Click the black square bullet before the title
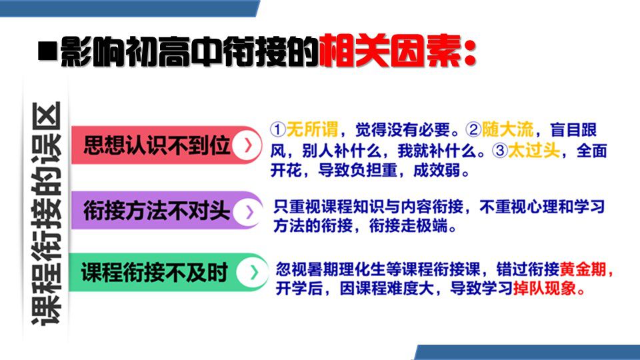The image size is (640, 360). [x=47, y=51]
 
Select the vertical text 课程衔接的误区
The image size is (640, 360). [x=46, y=213]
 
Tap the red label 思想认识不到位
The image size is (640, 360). [x=157, y=145]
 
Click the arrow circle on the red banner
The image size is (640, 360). [x=247, y=145]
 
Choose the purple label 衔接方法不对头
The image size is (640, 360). [x=156, y=211]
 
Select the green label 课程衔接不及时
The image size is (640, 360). [x=155, y=272]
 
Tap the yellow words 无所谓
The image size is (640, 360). [x=312, y=129]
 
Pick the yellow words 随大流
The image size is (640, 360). [x=507, y=129]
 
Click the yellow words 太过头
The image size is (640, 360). [x=533, y=150]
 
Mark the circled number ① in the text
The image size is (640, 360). [x=277, y=130]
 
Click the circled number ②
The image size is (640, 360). [x=473, y=130]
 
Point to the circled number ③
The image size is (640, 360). [x=499, y=151]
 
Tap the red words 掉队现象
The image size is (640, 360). [x=545, y=289]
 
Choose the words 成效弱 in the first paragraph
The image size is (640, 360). [x=437, y=170]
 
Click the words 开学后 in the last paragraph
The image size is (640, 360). [x=299, y=289]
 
